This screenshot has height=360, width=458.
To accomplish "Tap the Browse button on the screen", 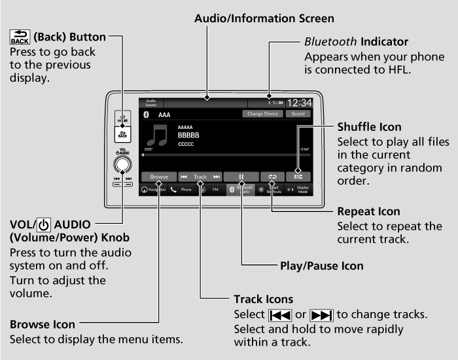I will pyautogui.click(x=159, y=177).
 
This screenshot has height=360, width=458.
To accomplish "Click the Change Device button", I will pyautogui.click(x=264, y=114).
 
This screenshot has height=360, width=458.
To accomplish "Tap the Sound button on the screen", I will pyautogui.click(x=298, y=114).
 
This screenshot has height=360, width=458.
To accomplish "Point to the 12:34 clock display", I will pyautogui.click(x=299, y=103).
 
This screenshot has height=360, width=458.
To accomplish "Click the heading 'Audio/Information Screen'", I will pyautogui.click(x=264, y=18).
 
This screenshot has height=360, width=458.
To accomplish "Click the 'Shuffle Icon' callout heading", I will pyautogui.click(x=369, y=126).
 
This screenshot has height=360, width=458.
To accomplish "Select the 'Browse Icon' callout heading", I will pyautogui.click(x=42, y=324).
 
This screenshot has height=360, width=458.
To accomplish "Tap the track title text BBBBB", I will pyautogui.click(x=188, y=135).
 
